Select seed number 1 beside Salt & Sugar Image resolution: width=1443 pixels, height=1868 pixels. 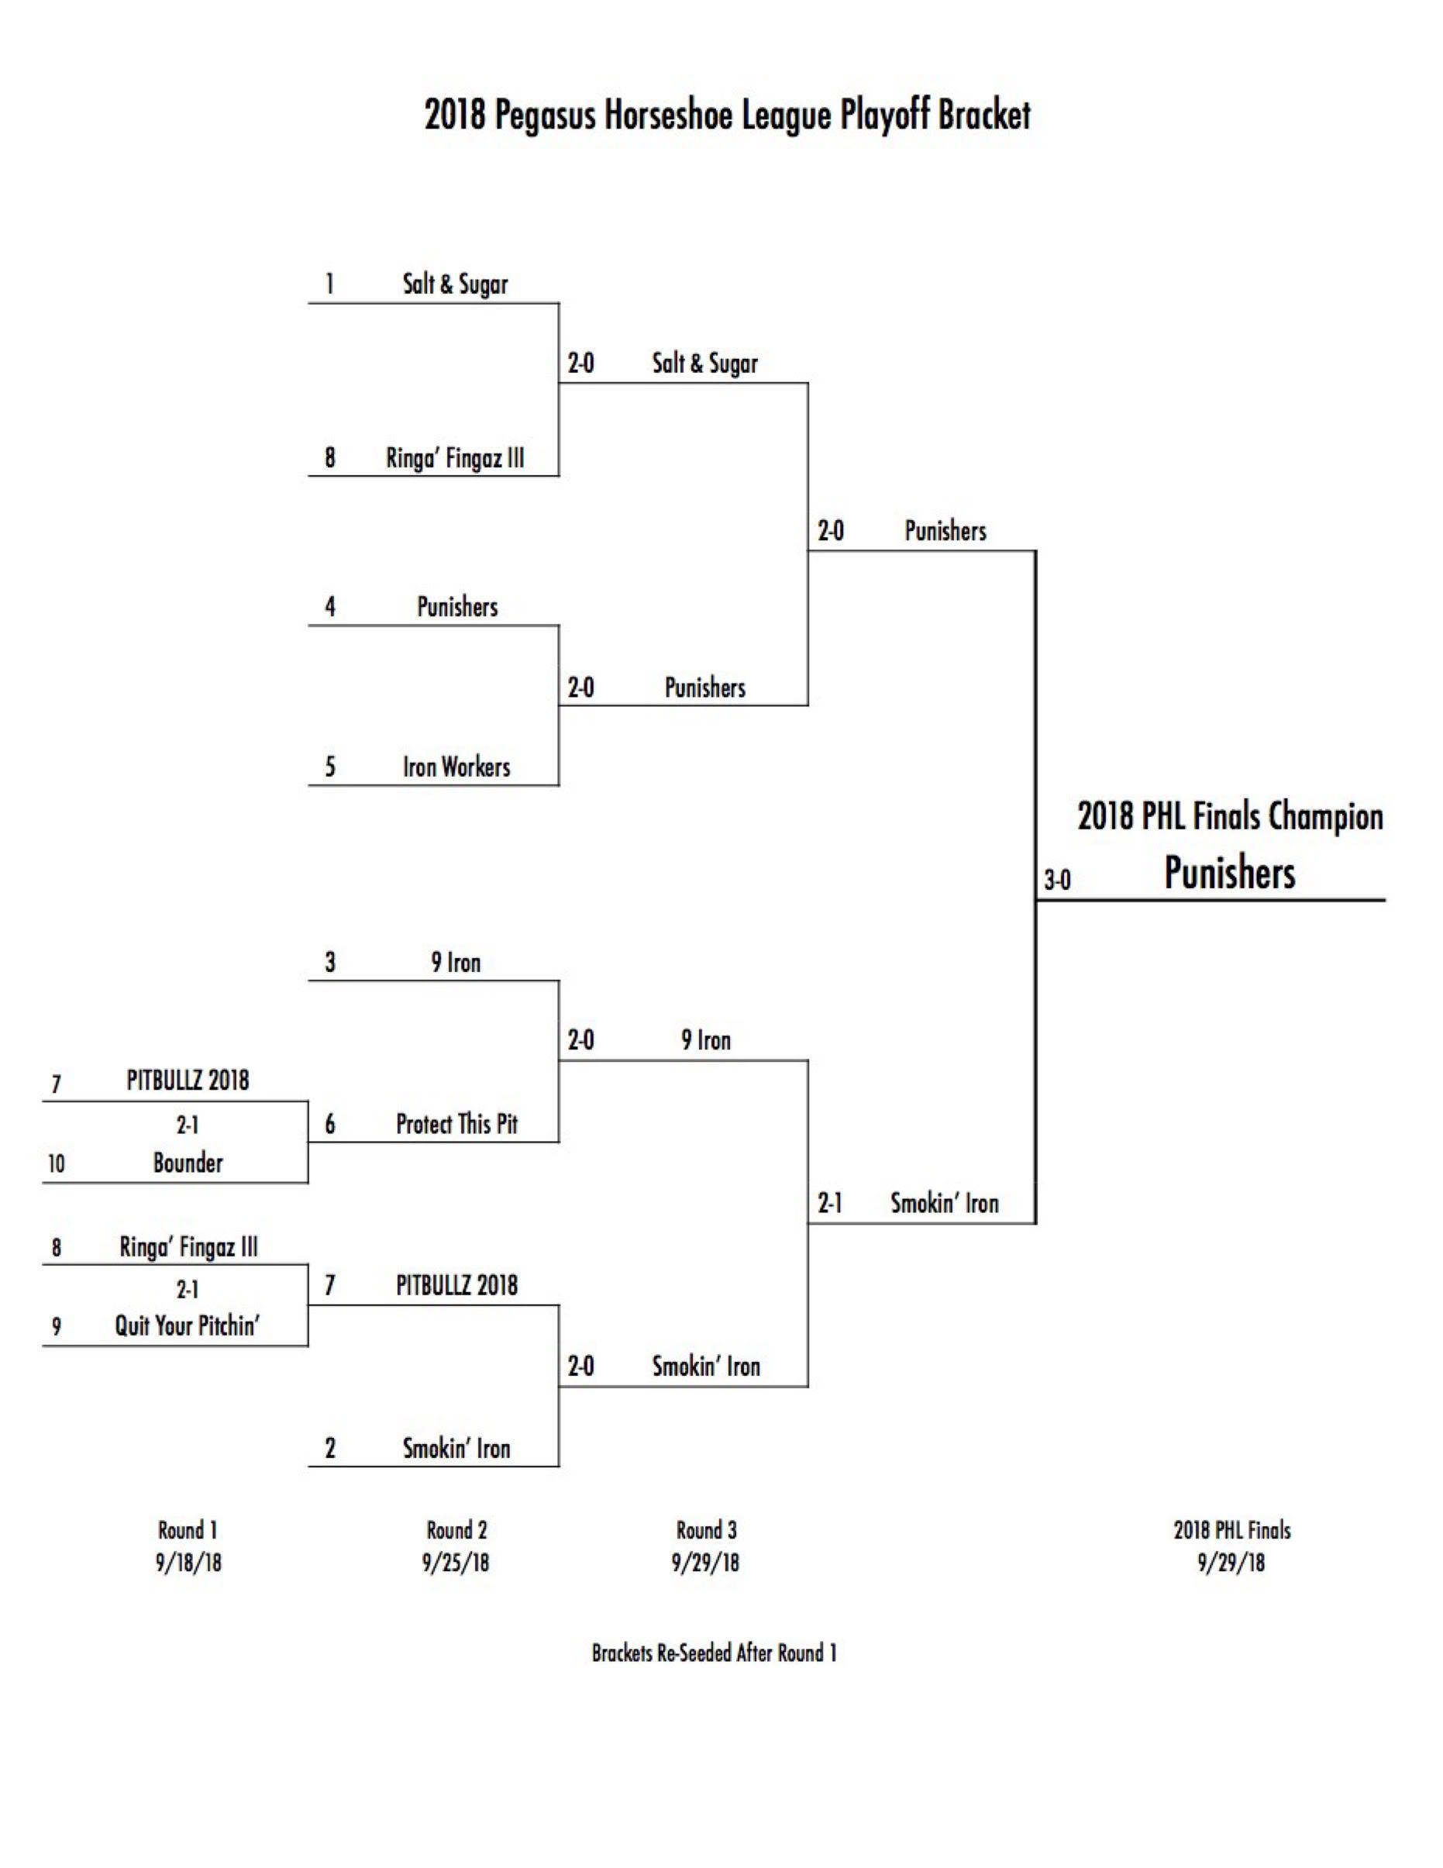pyautogui.click(x=330, y=284)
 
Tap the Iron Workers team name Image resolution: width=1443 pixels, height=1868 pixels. pyautogui.click(x=456, y=767)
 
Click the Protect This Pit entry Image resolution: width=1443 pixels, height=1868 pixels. pyautogui.click(x=456, y=1124)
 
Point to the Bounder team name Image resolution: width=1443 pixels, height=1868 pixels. pyautogui.click(x=188, y=1163)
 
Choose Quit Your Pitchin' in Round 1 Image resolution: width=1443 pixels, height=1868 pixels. pyautogui.click(x=188, y=1325)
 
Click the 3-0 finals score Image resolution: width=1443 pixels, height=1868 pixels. pyautogui.click(x=1056, y=880)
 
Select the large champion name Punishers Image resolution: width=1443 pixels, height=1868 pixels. pyautogui.click(x=1229, y=874)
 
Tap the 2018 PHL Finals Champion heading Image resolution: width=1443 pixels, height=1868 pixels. pyautogui.click(x=1229, y=816)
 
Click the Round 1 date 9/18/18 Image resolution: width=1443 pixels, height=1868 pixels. pyautogui.click(x=188, y=1563)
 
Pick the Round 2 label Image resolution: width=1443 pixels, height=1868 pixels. pyautogui.click(x=456, y=1530)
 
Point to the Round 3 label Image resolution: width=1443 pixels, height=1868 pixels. pyautogui.click(x=706, y=1530)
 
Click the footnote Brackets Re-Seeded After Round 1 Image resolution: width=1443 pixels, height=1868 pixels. pyautogui.click(x=714, y=1653)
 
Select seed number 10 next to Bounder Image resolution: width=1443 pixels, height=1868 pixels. pyautogui.click(x=57, y=1163)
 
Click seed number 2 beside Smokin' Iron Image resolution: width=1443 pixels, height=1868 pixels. pyautogui.click(x=330, y=1448)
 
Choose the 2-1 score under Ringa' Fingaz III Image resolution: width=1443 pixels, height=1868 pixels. pyautogui.click(x=188, y=1289)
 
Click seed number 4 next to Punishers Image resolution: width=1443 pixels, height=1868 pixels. pyautogui.click(x=330, y=607)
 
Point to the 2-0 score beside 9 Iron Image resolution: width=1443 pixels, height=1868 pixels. pyautogui.click(x=580, y=1041)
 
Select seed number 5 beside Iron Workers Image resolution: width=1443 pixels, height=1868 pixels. pyautogui.click(x=330, y=767)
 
